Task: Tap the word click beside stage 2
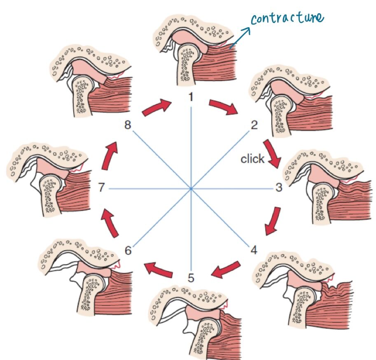click(x=252, y=159)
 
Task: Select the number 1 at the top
click(x=190, y=97)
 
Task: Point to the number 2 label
click(x=254, y=125)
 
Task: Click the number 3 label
click(x=279, y=188)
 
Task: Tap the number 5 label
click(x=191, y=278)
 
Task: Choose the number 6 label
click(x=128, y=250)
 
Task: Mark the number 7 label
click(x=102, y=188)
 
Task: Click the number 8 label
click(x=128, y=125)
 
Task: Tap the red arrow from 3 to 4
click(x=273, y=221)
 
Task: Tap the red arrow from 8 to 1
click(x=156, y=108)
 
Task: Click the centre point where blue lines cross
click(x=191, y=188)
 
